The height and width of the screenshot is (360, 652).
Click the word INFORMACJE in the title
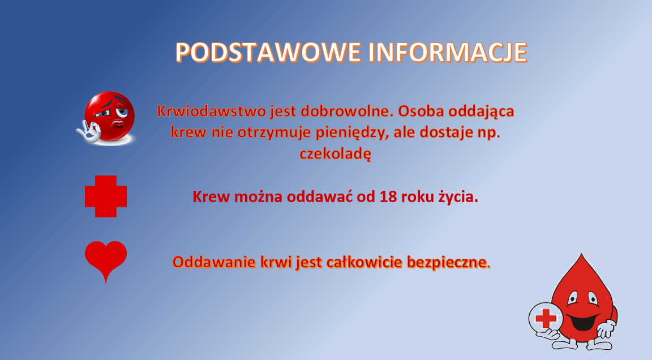point(448,53)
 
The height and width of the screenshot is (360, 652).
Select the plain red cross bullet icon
point(106,196)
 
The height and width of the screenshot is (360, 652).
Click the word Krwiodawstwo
point(211,112)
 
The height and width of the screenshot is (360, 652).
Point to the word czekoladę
point(336,154)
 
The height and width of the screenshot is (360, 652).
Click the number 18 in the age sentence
point(388,196)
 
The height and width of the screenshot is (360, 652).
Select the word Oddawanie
point(214,262)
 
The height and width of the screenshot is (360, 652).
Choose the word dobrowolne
point(347,112)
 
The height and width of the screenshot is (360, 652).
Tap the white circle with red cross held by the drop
point(546,319)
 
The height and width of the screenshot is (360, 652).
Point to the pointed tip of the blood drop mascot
point(581,254)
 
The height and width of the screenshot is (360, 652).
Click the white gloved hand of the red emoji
point(88,131)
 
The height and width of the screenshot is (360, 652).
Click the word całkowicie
point(364,262)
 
